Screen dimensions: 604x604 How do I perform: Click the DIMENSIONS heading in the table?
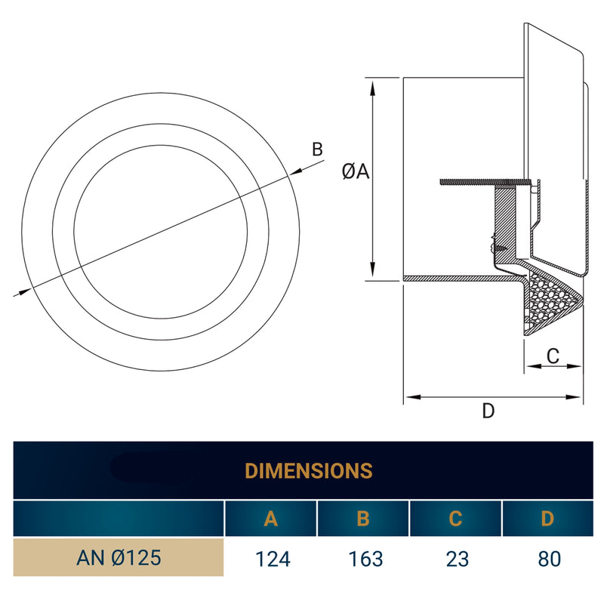(x=308, y=470)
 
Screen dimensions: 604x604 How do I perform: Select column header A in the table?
(x=270, y=519)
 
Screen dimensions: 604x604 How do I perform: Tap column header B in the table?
(x=363, y=519)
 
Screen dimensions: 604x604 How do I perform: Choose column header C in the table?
(x=455, y=519)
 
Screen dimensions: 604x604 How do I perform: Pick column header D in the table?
(x=547, y=519)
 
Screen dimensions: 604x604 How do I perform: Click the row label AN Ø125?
(x=119, y=559)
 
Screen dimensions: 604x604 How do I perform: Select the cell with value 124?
(x=270, y=559)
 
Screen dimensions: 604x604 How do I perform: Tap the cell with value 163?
(x=363, y=559)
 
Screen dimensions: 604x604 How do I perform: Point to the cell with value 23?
(x=455, y=559)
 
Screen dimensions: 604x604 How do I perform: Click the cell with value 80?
(x=547, y=559)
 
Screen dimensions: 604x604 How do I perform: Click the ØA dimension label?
(x=355, y=172)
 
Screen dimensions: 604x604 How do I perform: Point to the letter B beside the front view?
(x=318, y=149)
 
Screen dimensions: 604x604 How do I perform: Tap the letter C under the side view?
(x=553, y=356)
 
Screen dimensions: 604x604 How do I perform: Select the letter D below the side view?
(x=488, y=411)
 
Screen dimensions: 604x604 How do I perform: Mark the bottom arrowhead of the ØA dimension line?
(x=372, y=273)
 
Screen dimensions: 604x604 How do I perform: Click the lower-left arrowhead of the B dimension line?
(x=23, y=291)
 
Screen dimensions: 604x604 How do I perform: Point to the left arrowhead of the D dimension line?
(x=409, y=396)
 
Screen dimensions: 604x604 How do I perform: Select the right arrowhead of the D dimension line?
(x=579, y=396)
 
